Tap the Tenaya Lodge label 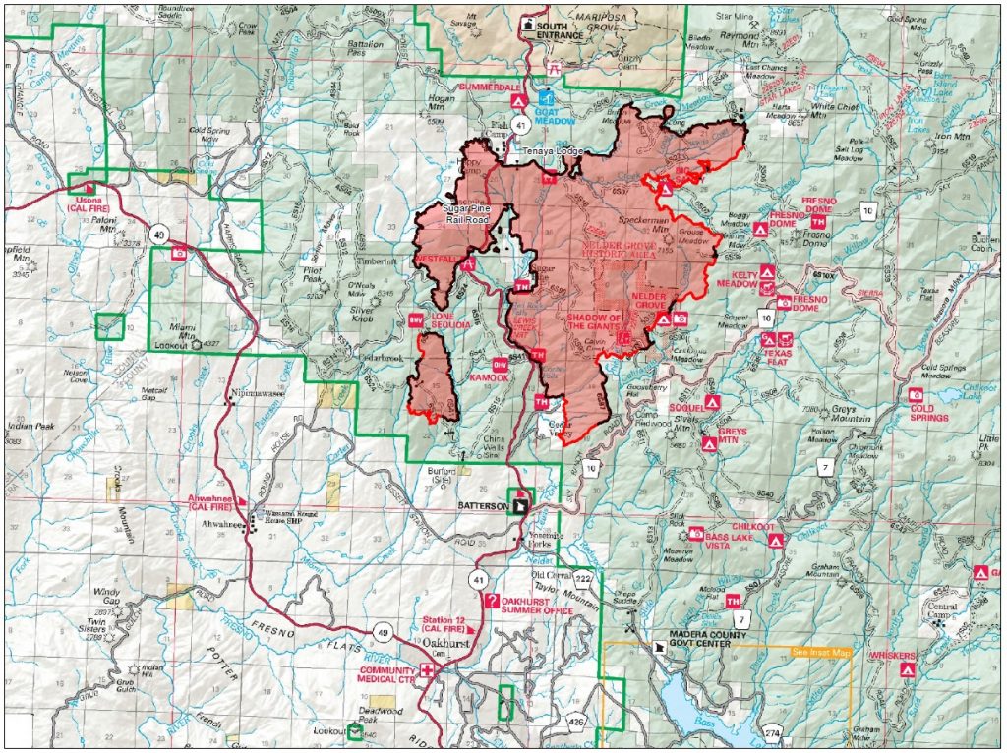(550, 152)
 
